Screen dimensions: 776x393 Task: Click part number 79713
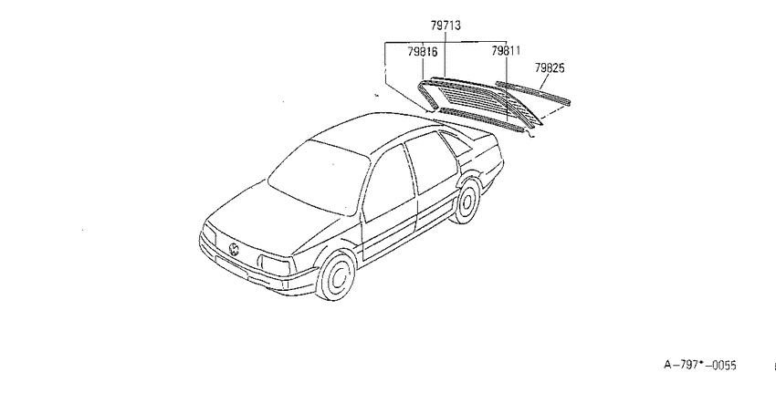446,26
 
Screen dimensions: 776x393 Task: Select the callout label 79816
423,51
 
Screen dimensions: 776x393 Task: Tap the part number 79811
506,51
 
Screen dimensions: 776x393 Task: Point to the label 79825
550,67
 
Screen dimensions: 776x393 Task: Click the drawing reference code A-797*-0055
700,366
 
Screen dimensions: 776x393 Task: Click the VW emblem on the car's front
234,249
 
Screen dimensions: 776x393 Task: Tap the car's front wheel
336,276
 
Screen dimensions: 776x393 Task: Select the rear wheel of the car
467,202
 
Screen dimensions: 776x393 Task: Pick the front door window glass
390,183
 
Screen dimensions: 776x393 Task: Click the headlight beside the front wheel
274,266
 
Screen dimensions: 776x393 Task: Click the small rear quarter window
455,144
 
